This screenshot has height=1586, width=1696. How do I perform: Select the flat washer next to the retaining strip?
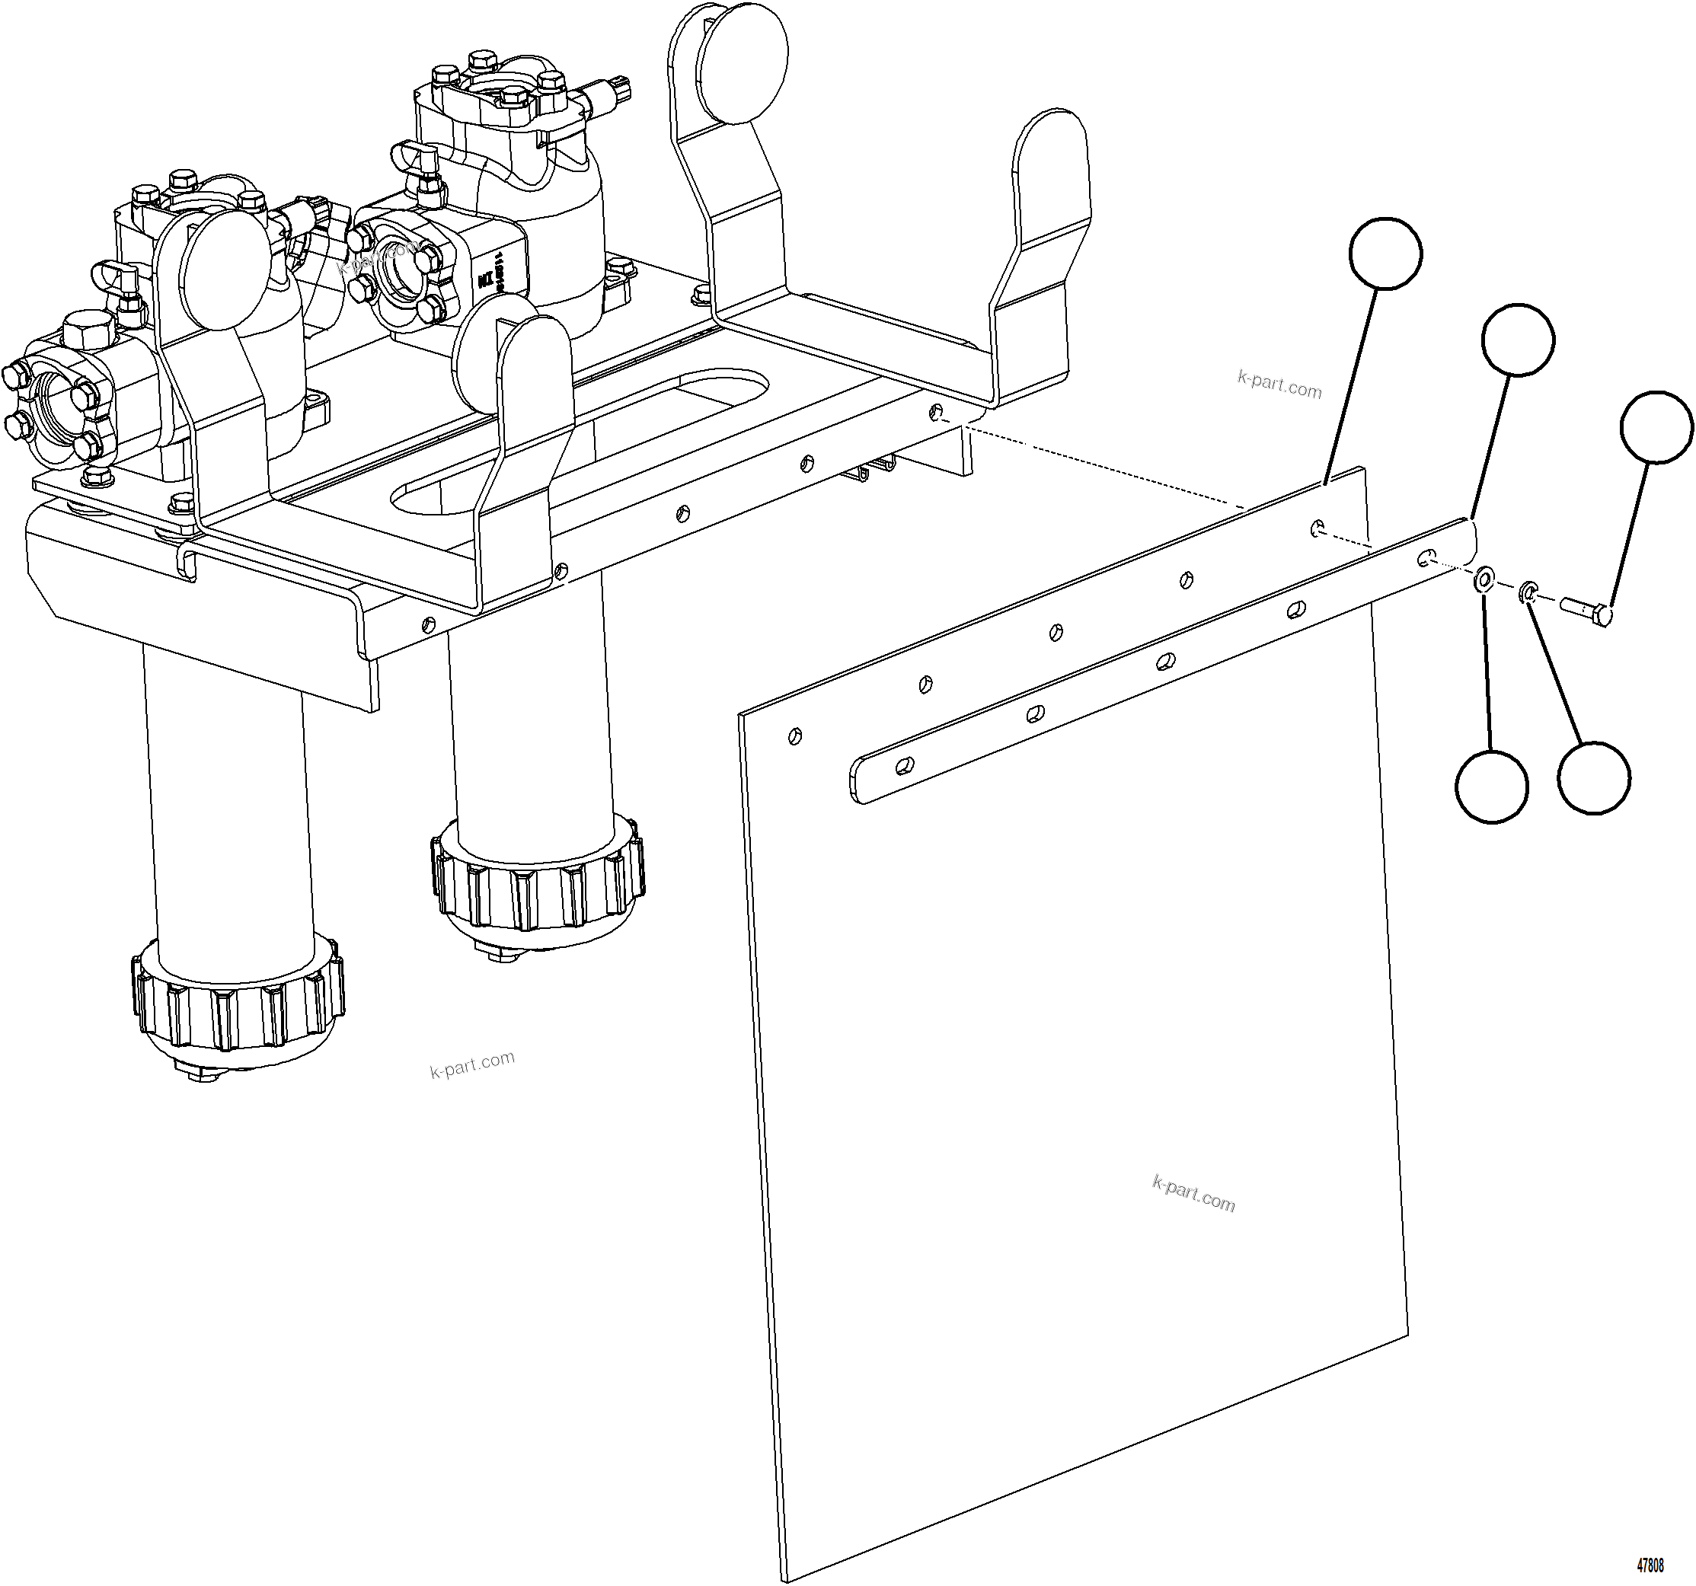click(x=1484, y=581)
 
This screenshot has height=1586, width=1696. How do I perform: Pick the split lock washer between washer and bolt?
click(x=1528, y=593)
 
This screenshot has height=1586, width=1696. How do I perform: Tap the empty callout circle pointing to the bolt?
click(x=1656, y=426)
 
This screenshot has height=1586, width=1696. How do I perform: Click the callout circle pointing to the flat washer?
click(x=1491, y=787)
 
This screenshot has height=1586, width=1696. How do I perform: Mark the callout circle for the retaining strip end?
click(x=1518, y=340)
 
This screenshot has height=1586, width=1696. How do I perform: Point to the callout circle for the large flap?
click(x=1385, y=253)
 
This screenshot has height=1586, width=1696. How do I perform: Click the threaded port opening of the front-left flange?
click(x=53, y=400)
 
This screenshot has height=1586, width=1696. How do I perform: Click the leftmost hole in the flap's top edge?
click(x=795, y=735)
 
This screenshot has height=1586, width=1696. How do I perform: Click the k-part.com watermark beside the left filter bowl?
click(x=471, y=1064)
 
